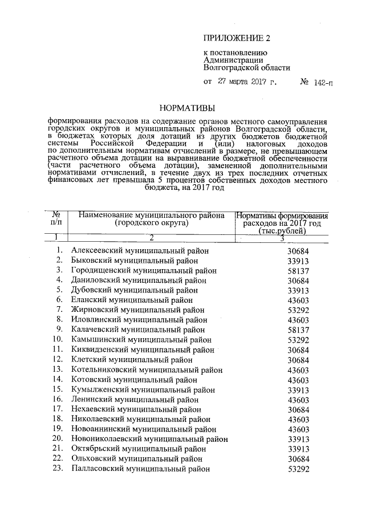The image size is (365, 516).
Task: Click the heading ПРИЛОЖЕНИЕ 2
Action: coord(236,38)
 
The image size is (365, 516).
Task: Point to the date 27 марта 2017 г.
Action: coord(247,82)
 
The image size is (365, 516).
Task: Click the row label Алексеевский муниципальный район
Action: coord(140,250)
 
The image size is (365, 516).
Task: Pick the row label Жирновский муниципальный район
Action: coord(136,310)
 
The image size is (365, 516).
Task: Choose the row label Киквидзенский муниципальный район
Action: coord(143,350)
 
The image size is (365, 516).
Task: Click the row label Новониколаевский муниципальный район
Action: coord(149,439)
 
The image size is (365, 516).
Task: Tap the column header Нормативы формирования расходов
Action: coord(282,224)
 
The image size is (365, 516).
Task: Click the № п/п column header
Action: coord(56,219)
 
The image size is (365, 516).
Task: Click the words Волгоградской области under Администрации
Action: coord(246,67)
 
